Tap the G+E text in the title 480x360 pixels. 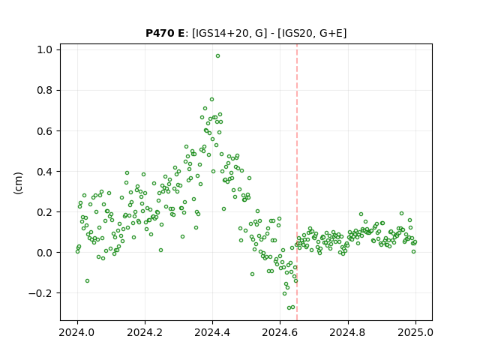click(331, 33)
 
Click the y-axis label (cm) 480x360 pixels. click(18, 183)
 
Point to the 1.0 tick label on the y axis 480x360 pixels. click(45, 49)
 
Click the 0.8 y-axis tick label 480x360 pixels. click(45, 90)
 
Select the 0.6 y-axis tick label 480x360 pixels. click(45, 131)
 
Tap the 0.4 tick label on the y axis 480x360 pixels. click(45, 172)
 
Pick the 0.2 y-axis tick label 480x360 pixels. click(45, 211)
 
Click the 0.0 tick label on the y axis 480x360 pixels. click(45, 253)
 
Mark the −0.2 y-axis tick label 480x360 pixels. click(40, 293)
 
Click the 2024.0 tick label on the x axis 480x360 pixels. click(77, 332)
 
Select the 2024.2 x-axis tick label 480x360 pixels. click(145, 332)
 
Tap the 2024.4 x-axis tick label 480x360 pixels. click(212, 332)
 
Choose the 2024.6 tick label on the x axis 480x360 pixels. click(280, 332)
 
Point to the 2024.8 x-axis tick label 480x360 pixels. click(348, 332)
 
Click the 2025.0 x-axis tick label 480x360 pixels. click(415, 332)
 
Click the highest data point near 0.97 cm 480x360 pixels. click(217, 56)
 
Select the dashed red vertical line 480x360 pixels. click(297, 182)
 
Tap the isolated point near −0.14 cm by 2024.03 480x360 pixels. click(87, 281)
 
